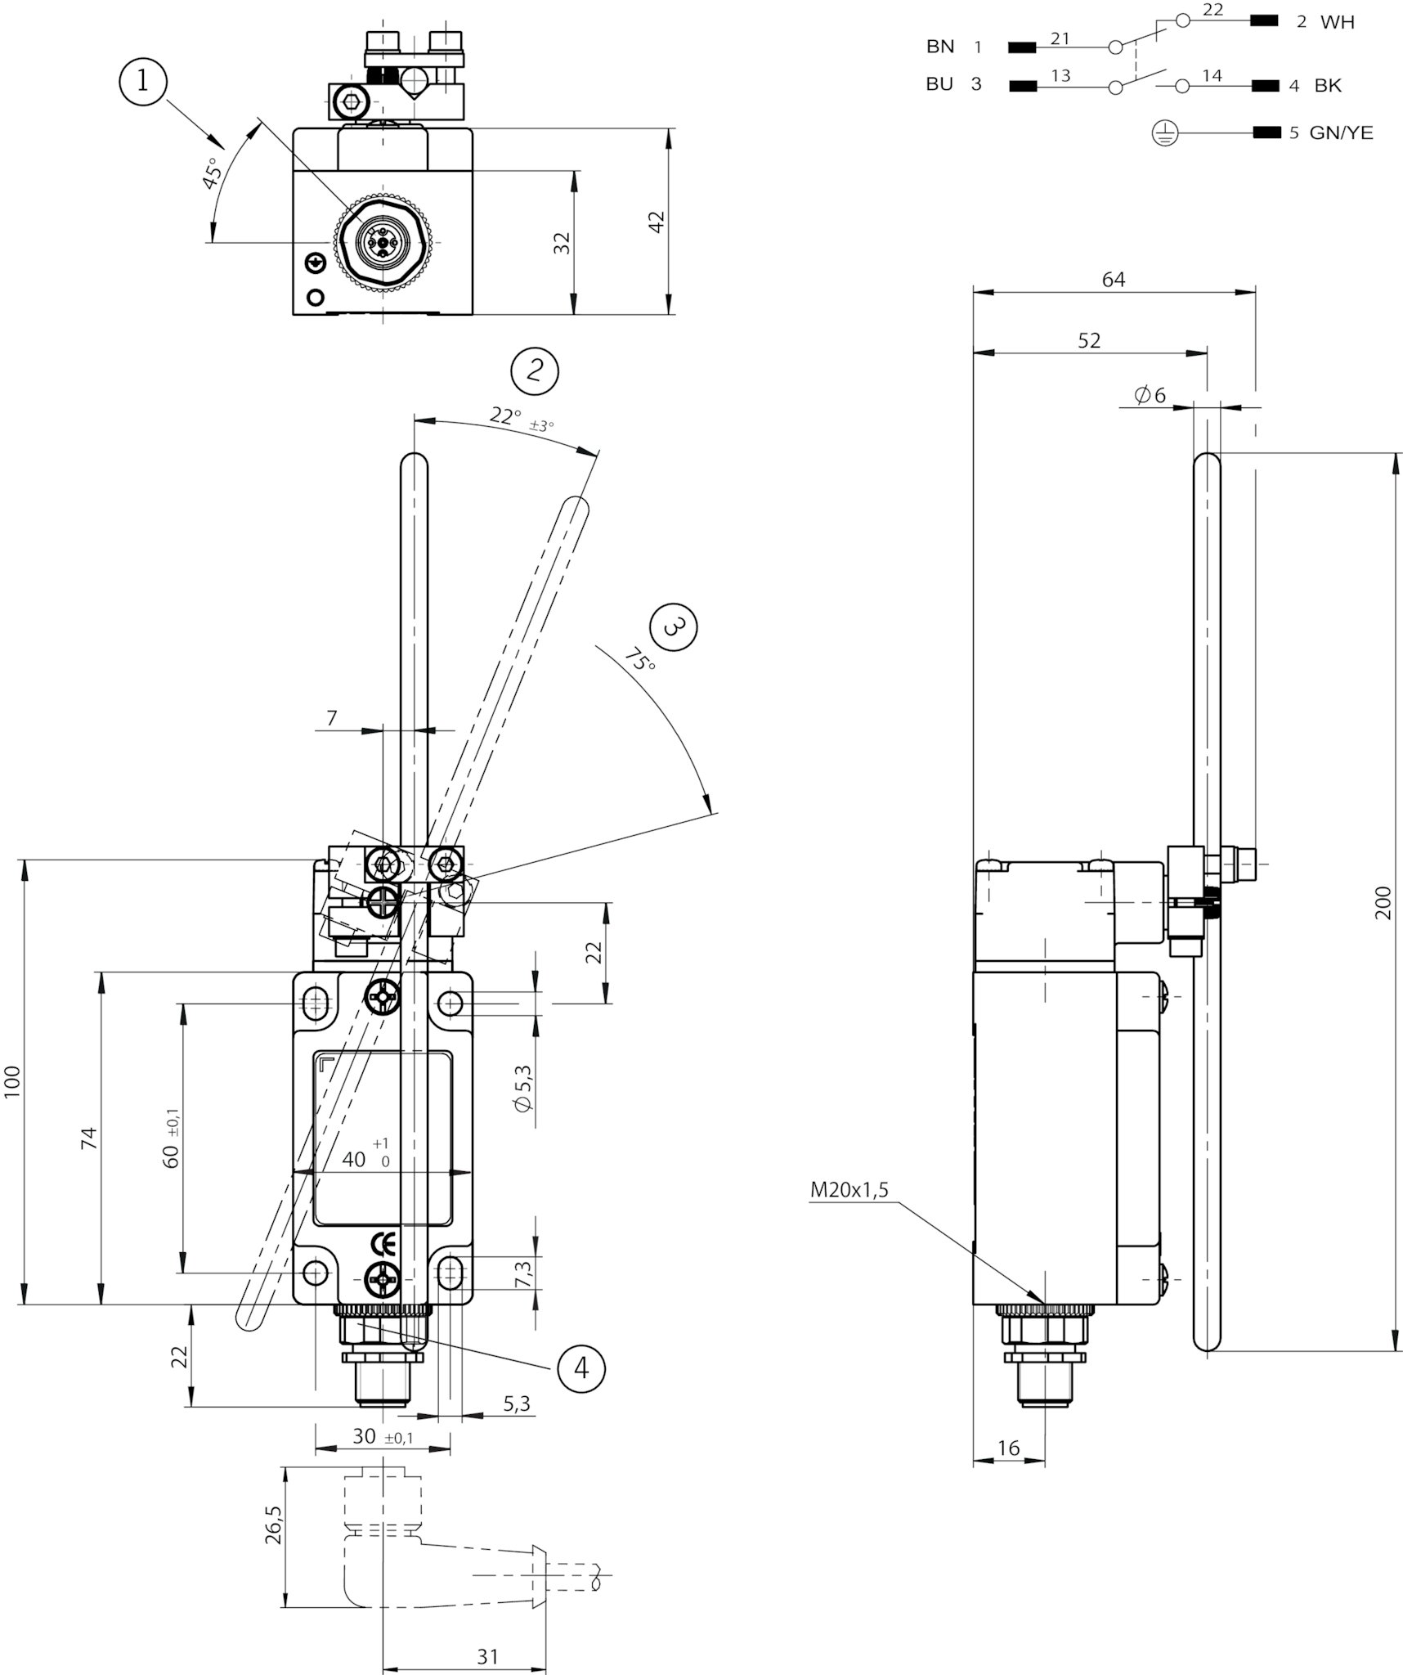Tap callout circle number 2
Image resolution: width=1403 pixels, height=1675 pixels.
535,371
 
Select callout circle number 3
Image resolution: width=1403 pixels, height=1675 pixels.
673,627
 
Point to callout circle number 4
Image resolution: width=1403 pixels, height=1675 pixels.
581,1367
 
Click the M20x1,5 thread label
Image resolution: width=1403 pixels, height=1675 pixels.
849,1190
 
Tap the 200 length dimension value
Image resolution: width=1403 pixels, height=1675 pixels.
1383,903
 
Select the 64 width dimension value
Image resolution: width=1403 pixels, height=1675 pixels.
1114,280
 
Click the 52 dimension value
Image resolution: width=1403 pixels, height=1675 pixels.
1089,340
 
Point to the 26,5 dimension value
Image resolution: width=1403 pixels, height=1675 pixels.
274,1525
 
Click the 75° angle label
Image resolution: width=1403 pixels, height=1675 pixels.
640,659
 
